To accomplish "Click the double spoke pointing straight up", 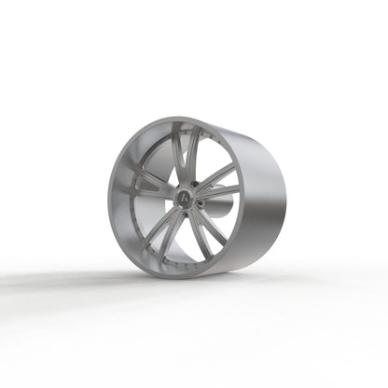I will [x=190, y=153].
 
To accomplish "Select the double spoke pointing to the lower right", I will [x=211, y=229].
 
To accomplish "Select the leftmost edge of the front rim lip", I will [x=109, y=199].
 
